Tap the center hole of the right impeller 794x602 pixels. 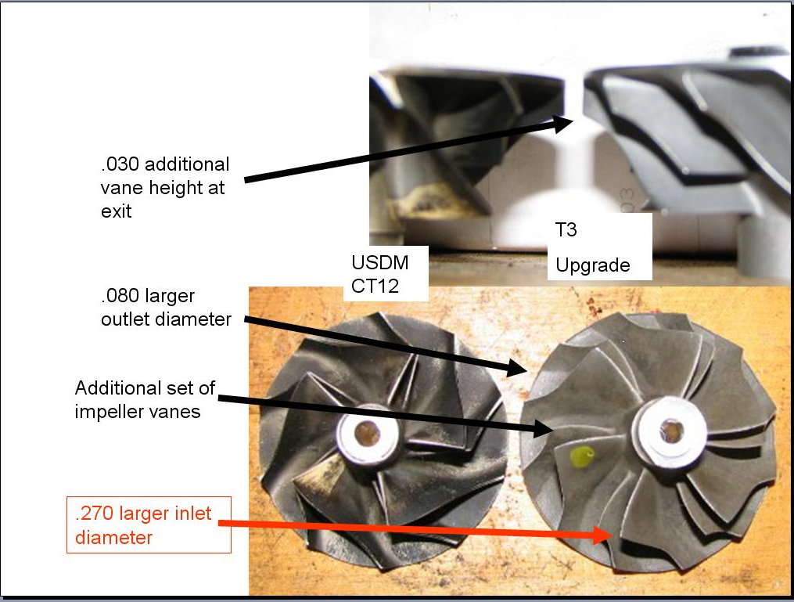tap(670, 427)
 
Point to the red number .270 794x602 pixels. tap(93, 514)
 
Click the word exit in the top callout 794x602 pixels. tap(116, 211)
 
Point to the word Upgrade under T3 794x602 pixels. tap(592, 265)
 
